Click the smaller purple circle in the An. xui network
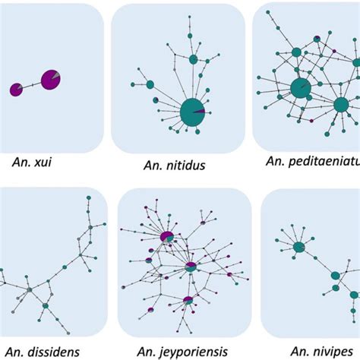[x=16, y=90]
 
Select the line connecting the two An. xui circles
[x=32, y=85]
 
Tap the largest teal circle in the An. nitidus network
[x=192, y=112]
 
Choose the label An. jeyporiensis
[x=185, y=350]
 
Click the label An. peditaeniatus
[x=312, y=160]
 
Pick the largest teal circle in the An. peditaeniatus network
[x=299, y=88]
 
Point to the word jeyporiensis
[x=196, y=350]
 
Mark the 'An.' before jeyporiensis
[x=147, y=350]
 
